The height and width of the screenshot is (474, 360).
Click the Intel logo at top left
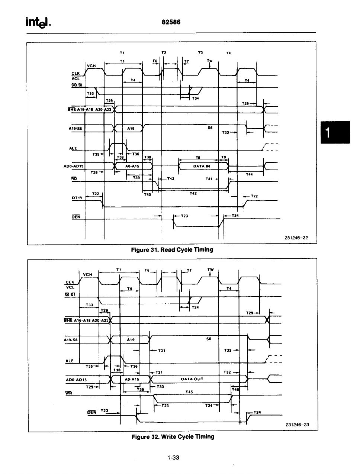(x=38, y=22)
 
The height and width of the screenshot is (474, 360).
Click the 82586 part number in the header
(x=171, y=22)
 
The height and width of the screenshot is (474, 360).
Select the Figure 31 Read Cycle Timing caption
(x=172, y=249)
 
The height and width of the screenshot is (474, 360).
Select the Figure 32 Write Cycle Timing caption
(x=173, y=437)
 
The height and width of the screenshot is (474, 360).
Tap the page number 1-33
(x=173, y=457)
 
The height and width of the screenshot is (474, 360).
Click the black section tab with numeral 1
(x=335, y=132)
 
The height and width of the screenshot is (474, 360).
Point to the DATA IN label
(x=202, y=166)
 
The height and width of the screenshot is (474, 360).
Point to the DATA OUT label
(x=192, y=379)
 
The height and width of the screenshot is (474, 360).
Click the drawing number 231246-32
(x=296, y=238)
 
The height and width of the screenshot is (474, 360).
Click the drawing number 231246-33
(x=298, y=425)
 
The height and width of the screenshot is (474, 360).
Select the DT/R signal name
(x=77, y=198)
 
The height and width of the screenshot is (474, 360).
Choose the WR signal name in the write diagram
(x=68, y=393)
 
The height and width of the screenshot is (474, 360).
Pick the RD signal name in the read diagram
(x=74, y=178)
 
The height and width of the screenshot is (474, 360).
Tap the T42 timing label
(x=193, y=193)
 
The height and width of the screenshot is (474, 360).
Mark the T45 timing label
(x=189, y=392)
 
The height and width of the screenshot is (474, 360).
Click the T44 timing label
(x=249, y=174)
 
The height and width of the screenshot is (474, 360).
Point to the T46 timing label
(x=235, y=390)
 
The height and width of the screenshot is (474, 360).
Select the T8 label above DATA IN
(x=198, y=158)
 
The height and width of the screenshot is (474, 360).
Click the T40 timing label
(x=147, y=194)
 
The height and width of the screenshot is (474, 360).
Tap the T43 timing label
(x=171, y=178)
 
